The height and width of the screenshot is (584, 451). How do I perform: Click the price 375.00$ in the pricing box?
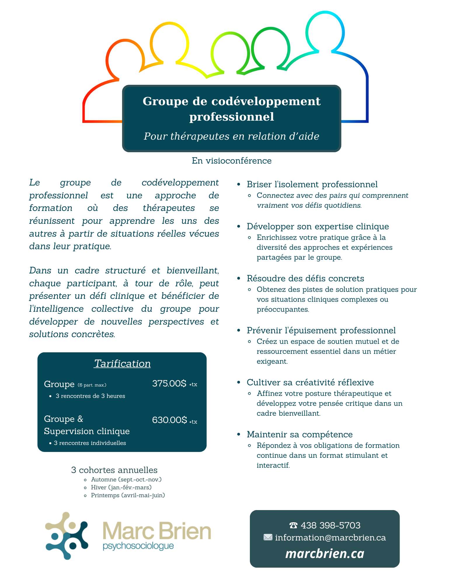[169, 383]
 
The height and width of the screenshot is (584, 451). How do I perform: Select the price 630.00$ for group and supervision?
[169, 420]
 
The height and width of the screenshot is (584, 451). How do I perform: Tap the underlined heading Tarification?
[122, 363]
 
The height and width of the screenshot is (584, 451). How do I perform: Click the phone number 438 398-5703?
[330, 525]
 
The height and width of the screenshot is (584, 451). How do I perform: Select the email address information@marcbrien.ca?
[330, 538]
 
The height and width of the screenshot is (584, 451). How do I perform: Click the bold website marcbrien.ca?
[325, 554]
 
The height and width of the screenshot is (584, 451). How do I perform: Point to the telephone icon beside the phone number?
[293, 526]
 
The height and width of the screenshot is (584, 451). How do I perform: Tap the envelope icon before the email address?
[268, 538]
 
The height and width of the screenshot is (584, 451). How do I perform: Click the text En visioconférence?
[231, 161]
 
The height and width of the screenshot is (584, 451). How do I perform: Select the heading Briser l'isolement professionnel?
[312, 184]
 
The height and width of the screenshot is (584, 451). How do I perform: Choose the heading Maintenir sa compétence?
[299, 434]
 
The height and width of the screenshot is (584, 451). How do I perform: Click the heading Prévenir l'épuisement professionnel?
[321, 330]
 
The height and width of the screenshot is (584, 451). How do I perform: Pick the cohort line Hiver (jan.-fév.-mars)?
[121, 487]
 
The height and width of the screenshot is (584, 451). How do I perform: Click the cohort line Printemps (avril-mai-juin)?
[128, 495]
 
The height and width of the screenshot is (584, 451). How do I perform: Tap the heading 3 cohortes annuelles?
[114, 470]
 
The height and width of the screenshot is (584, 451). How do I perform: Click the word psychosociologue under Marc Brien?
[138, 546]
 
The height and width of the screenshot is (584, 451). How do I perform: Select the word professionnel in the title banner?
[231, 117]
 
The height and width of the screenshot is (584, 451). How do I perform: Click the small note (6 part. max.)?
[92, 385]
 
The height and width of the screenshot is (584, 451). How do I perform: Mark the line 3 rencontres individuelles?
[90, 443]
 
